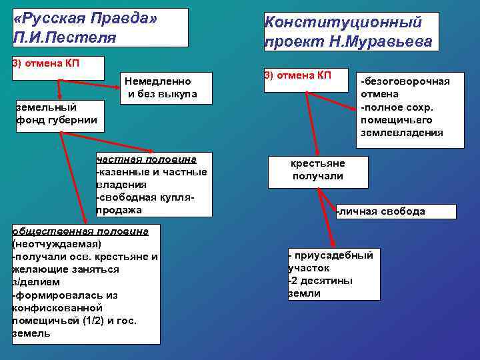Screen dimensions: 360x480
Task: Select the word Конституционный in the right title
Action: pyautogui.click(x=343, y=22)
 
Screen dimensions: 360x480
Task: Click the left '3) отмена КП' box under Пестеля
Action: pyautogui.click(x=58, y=68)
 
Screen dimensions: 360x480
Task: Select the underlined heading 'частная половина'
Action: pyautogui.click(x=146, y=159)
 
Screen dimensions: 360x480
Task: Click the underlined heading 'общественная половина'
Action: pyautogui.click(x=85, y=231)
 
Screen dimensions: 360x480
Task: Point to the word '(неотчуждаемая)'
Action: pyautogui.click(x=57, y=243)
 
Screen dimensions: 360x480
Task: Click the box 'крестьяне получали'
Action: pyautogui.click(x=317, y=170)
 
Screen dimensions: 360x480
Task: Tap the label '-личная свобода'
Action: pyautogui.click(x=381, y=211)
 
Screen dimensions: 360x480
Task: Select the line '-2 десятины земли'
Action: pyautogui.click(x=321, y=287)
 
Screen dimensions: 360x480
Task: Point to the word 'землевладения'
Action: pyautogui.click(x=401, y=133)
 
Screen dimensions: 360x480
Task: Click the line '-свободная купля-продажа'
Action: pyautogui.click(x=145, y=204)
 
